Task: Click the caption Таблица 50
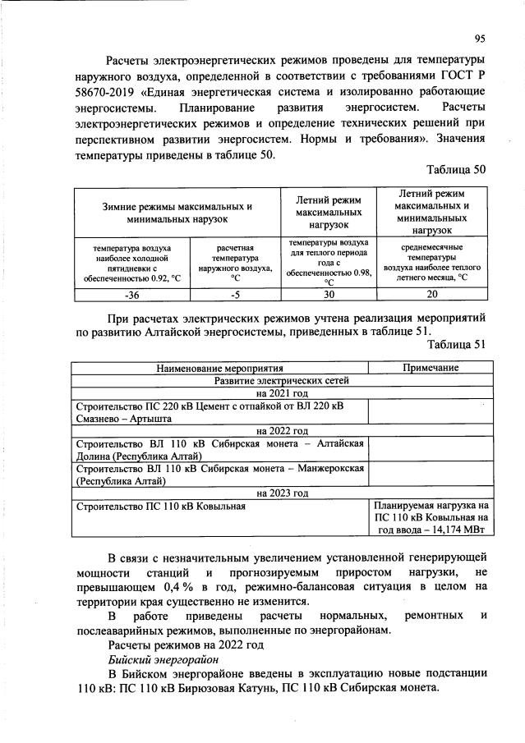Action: (456, 169)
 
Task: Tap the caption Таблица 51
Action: (456, 345)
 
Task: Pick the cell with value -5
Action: (234, 295)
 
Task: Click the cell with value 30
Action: (328, 295)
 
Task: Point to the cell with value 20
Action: (432, 295)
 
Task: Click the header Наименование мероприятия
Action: (219, 368)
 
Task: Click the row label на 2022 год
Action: (282, 430)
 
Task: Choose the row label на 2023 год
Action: (282, 493)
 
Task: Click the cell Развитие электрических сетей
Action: (282, 381)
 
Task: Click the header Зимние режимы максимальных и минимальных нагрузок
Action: (177, 212)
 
